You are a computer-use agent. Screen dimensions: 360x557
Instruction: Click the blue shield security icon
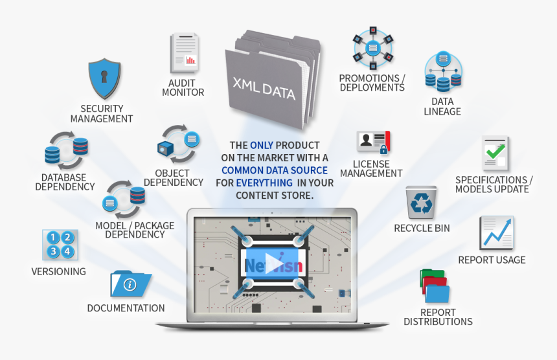coord(104,78)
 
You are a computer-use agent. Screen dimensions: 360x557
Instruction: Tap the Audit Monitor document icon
coord(184,54)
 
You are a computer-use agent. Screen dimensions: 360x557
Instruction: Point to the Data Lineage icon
coord(443,73)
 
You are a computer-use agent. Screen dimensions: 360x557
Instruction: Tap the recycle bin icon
coord(422,202)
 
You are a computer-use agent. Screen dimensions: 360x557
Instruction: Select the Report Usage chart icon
coord(496,232)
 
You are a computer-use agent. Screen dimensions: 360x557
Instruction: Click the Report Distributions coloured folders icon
coord(434,286)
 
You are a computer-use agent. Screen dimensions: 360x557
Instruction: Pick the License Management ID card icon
coord(373,142)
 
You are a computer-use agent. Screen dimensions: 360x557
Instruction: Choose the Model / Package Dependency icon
coord(125,199)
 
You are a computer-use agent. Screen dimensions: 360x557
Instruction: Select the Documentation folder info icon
coord(130,284)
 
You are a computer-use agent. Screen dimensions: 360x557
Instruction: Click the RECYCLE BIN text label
coord(422,228)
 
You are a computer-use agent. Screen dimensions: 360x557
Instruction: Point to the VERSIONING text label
coord(58,271)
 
